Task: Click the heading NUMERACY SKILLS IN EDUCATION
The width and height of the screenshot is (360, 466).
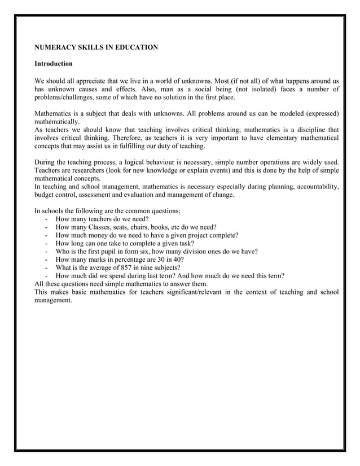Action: [x=96, y=47]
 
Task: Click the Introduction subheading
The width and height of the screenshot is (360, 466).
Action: [x=54, y=64]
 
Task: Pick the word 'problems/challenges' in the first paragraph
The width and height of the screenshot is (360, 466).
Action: [x=64, y=97]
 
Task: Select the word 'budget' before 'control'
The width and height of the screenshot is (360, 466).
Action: [x=45, y=195]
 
